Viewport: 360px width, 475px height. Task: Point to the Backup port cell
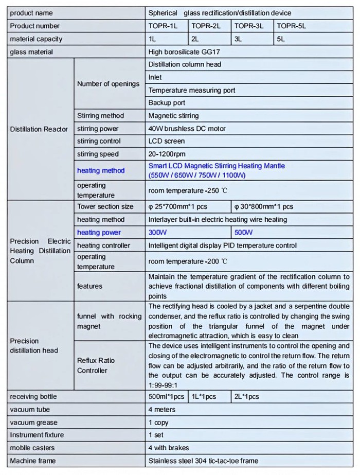pyautogui.click(x=167, y=103)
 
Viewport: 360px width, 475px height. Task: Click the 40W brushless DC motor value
pyautogui.click(x=187, y=128)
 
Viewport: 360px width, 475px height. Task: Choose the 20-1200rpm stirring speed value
pyautogui.click(x=167, y=154)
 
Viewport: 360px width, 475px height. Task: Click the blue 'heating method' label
pyautogui.click(x=101, y=170)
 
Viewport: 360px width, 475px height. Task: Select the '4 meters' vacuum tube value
pyautogui.click(x=161, y=410)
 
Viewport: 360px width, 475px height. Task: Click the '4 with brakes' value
pyautogui.click(x=168, y=448)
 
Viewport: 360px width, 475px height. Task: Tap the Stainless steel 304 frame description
pyautogui.click(x=203, y=461)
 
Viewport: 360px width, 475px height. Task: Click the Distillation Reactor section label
pyautogui.click(x=39, y=129)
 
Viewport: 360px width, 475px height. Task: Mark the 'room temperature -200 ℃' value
pyautogui.click(x=188, y=261)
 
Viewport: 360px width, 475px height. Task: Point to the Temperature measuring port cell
pyautogui.click(x=192, y=90)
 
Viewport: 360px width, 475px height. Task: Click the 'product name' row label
pyautogui.click(x=31, y=13)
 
